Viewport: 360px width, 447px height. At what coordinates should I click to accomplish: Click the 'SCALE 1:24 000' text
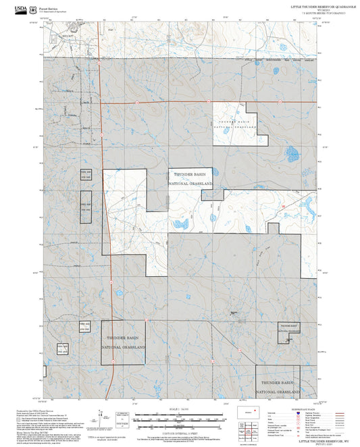179,409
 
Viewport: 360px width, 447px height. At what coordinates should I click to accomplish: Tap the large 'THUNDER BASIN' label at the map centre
190,174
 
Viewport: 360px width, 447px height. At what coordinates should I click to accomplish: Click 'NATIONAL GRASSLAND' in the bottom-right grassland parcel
277,391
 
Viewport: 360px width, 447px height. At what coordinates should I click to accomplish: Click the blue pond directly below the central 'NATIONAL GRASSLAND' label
180,224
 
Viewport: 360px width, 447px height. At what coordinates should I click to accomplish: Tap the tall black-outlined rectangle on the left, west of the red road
85,207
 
